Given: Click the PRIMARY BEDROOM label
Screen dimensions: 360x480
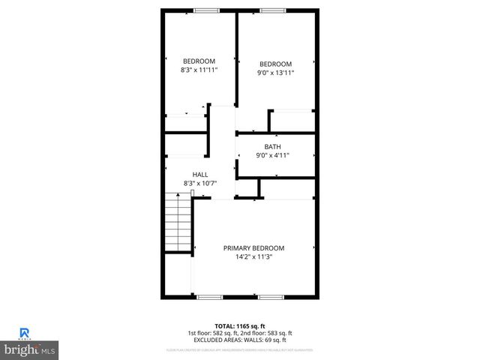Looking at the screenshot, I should (x=253, y=247).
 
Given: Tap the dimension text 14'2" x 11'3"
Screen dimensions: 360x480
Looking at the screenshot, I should (x=253, y=256).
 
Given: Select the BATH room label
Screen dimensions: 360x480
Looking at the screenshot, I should (x=272, y=146).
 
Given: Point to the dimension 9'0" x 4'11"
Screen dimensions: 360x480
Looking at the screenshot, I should (x=272, y=155).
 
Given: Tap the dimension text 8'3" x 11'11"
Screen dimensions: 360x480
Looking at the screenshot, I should (x=199, y=70).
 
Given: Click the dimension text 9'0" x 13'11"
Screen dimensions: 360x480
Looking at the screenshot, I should (x=275, y=73).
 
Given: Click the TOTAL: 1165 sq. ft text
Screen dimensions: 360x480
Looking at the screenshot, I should (x=239, y=327).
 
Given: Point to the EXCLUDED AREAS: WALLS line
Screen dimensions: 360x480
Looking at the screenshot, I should (x=239, y=342).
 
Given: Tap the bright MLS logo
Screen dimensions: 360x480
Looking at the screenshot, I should (x=30, y=350).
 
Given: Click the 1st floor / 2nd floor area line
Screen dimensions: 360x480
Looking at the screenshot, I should (x=239, y=334).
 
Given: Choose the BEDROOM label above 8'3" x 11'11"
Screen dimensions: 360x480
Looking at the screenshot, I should (x=199, y=61).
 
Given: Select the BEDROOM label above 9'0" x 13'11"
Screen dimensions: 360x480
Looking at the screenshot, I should (x=275, y=64).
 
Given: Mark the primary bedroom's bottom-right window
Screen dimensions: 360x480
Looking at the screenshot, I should (x=270, y=298).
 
